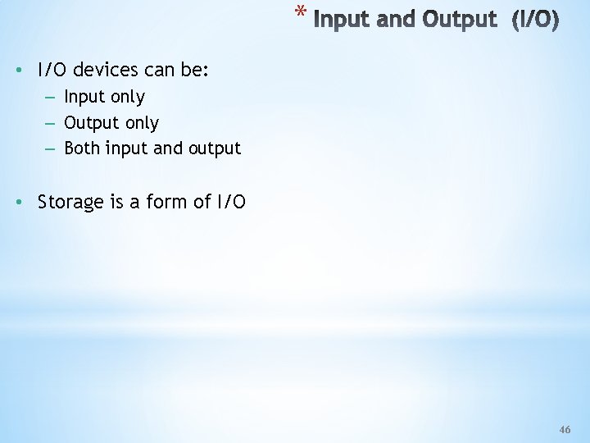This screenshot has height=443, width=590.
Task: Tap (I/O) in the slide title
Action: pos(535,19)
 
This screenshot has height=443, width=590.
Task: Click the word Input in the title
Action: pos(340,19)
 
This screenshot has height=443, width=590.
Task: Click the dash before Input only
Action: pos(51,97)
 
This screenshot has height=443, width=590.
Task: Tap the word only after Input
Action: pos(128,98)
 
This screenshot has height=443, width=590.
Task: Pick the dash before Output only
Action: pos(51,123)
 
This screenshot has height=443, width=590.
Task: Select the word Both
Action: pos(83,148)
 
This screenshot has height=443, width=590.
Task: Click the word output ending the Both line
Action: pos(215,149)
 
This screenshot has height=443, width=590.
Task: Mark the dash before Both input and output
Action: pos(51,149)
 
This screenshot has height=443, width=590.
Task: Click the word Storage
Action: pos(70,202)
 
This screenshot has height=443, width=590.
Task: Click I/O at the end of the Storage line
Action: pos(230,202)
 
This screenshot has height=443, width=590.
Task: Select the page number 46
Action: pos(564,430)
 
